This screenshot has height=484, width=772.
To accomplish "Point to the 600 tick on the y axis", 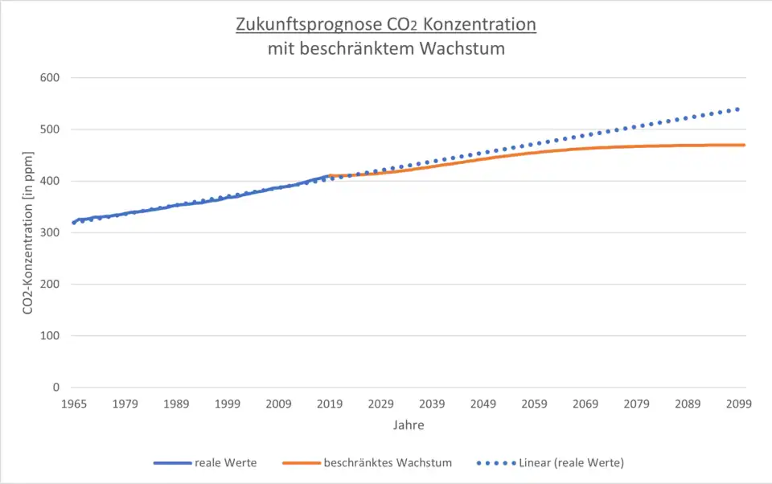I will coord(53,78).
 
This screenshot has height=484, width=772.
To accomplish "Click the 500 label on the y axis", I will coord(53,129).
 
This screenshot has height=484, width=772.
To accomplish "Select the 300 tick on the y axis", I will coord(53,232).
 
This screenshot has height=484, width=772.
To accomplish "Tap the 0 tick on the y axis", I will coord(58,388).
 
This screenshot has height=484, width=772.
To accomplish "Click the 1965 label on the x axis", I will coord(73,404).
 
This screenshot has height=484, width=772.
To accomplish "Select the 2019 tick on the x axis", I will coord(330,404).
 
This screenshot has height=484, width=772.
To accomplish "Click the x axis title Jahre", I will coord(409,425).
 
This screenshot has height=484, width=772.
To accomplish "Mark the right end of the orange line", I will coord(745,145).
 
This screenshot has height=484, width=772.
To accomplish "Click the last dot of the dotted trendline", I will coord(737,109).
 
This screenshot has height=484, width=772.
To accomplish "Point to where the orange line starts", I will coord(331,175).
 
